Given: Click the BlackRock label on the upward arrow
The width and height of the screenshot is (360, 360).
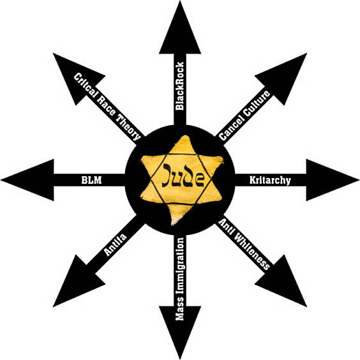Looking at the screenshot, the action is click(x=180, y=86).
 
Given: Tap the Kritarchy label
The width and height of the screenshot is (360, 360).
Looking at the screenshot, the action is click(x=270, y=180).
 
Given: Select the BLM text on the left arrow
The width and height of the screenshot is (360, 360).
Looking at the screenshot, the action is click(x=91, y=180).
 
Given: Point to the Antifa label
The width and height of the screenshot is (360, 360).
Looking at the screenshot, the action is click(x=116, y=244).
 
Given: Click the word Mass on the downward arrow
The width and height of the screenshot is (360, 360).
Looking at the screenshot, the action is click(x=180, y=308).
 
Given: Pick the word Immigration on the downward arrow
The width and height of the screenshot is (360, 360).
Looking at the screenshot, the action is click(x=180, y=266).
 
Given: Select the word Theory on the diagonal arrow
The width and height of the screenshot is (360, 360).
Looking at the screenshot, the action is click(x=128, y=127).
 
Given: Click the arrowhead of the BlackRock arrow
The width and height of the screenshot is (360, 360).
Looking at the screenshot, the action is click(x=180, y=27).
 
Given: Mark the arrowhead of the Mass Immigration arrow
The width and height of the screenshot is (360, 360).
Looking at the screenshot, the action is click(x=180, y=333).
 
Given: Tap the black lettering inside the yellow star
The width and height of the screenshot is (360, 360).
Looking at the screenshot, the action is click(x=183, y=176).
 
